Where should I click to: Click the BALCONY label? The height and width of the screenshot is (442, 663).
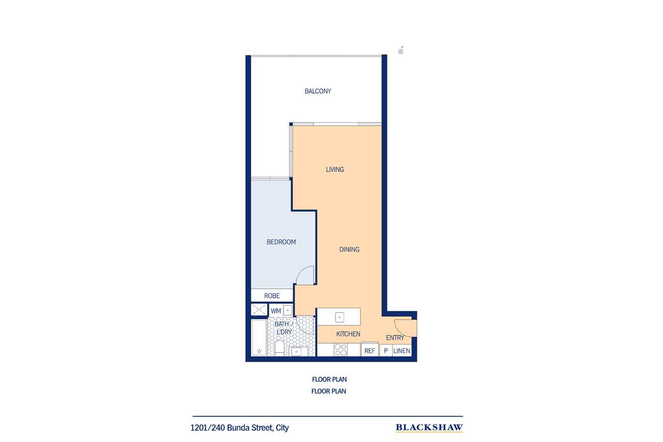click(x=318, y=91)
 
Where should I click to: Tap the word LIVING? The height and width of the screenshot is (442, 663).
click(x=335, y=169)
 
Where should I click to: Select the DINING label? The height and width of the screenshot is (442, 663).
click(x=349, y=250)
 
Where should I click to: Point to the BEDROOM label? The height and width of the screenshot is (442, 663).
click(x=281, y=242)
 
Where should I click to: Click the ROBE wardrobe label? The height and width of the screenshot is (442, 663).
click(x=272, y=296)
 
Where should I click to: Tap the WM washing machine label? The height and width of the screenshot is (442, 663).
click(x=276, y=311)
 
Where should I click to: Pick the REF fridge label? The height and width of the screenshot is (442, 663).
click(x=370, y=351)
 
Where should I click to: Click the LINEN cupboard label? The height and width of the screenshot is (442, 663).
click(x=401, y=351)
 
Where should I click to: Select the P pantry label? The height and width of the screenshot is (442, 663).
click(x=386, y=351)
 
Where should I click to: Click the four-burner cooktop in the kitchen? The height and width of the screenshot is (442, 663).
click(x=340, y=350)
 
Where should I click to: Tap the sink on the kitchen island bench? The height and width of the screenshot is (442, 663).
click(x=339, y=317)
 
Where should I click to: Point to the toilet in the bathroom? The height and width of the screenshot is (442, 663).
click(x=279, y=348)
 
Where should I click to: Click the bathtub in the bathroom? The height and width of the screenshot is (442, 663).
click(x=259, y=337)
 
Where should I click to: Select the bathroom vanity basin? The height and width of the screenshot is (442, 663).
click(x=296, y=351)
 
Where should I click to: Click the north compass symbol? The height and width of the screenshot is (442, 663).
click(x=401, y=51)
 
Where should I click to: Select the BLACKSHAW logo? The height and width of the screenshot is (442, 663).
click(x=429, y=428)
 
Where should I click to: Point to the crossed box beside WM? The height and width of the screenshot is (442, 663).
click(x=259, y=310)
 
